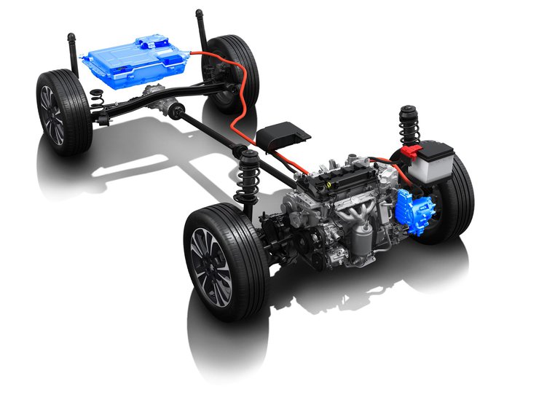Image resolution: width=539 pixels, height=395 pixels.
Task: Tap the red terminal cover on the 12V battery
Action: pyautogui.click(x=411, y=152)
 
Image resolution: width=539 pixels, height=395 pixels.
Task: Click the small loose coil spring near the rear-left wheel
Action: pyautogui.click(x=96, y=93)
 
